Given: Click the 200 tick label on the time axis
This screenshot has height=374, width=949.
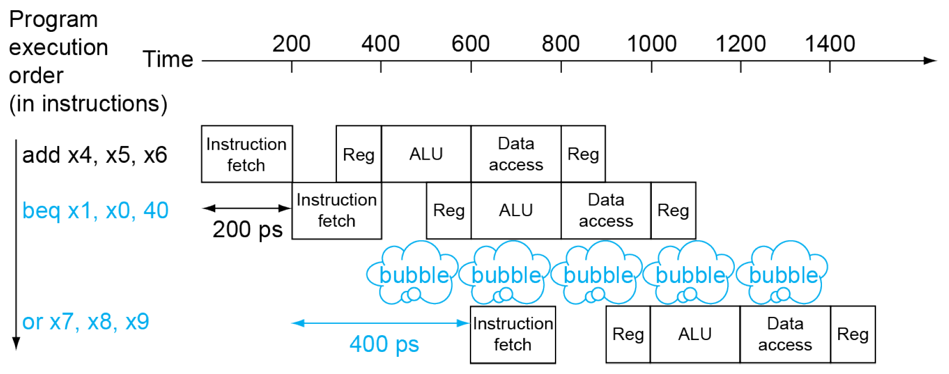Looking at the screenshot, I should pyautogui.click(x=291, y=44).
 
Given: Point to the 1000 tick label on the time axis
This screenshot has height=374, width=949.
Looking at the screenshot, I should pyautogui.click(x=651, y=44).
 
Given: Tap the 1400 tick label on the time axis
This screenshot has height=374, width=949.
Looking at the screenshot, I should pyautogui.click(x=830, y=44).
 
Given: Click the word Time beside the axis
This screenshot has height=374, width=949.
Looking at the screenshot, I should pyautogui.click(x=167, y=59).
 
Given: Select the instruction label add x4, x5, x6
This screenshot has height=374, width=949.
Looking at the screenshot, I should pyautogui.click(x=95, y=155).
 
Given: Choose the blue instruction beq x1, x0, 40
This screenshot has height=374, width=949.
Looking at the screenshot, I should pyautogui.click(x=95, y=211).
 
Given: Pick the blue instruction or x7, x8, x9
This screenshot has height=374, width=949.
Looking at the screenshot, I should pyautogui.click(x=86, y=322).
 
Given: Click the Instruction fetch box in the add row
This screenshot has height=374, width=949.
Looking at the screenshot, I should pyautogui.click(x=247, y=154).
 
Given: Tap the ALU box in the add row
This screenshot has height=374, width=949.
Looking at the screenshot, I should pyautogui.click(x=426, y=154).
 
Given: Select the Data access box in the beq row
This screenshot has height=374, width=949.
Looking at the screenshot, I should pyautogui.click(x=606, y=210).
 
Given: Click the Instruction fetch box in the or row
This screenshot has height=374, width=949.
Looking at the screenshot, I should pyautogui.click(x=512, y=334).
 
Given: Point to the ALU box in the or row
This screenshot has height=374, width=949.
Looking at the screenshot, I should pyautogui.click(x=694, y=334).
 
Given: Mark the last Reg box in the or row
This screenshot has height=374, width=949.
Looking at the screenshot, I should pyautogui.click(x=853, y=334).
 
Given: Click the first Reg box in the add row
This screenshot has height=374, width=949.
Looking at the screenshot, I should pyautogui.click(x=358, y=154).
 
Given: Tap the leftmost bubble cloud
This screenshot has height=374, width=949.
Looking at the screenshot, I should pyautogui.click(x=413, y=273).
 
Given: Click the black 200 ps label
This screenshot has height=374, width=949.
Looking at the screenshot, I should pyautogui.click(x=247, y=230).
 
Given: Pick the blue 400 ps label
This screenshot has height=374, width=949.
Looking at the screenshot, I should pyautogui.click(x=384, y=344).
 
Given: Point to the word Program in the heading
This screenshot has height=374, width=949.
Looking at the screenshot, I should pyautogui.click(x=53, y=19).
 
